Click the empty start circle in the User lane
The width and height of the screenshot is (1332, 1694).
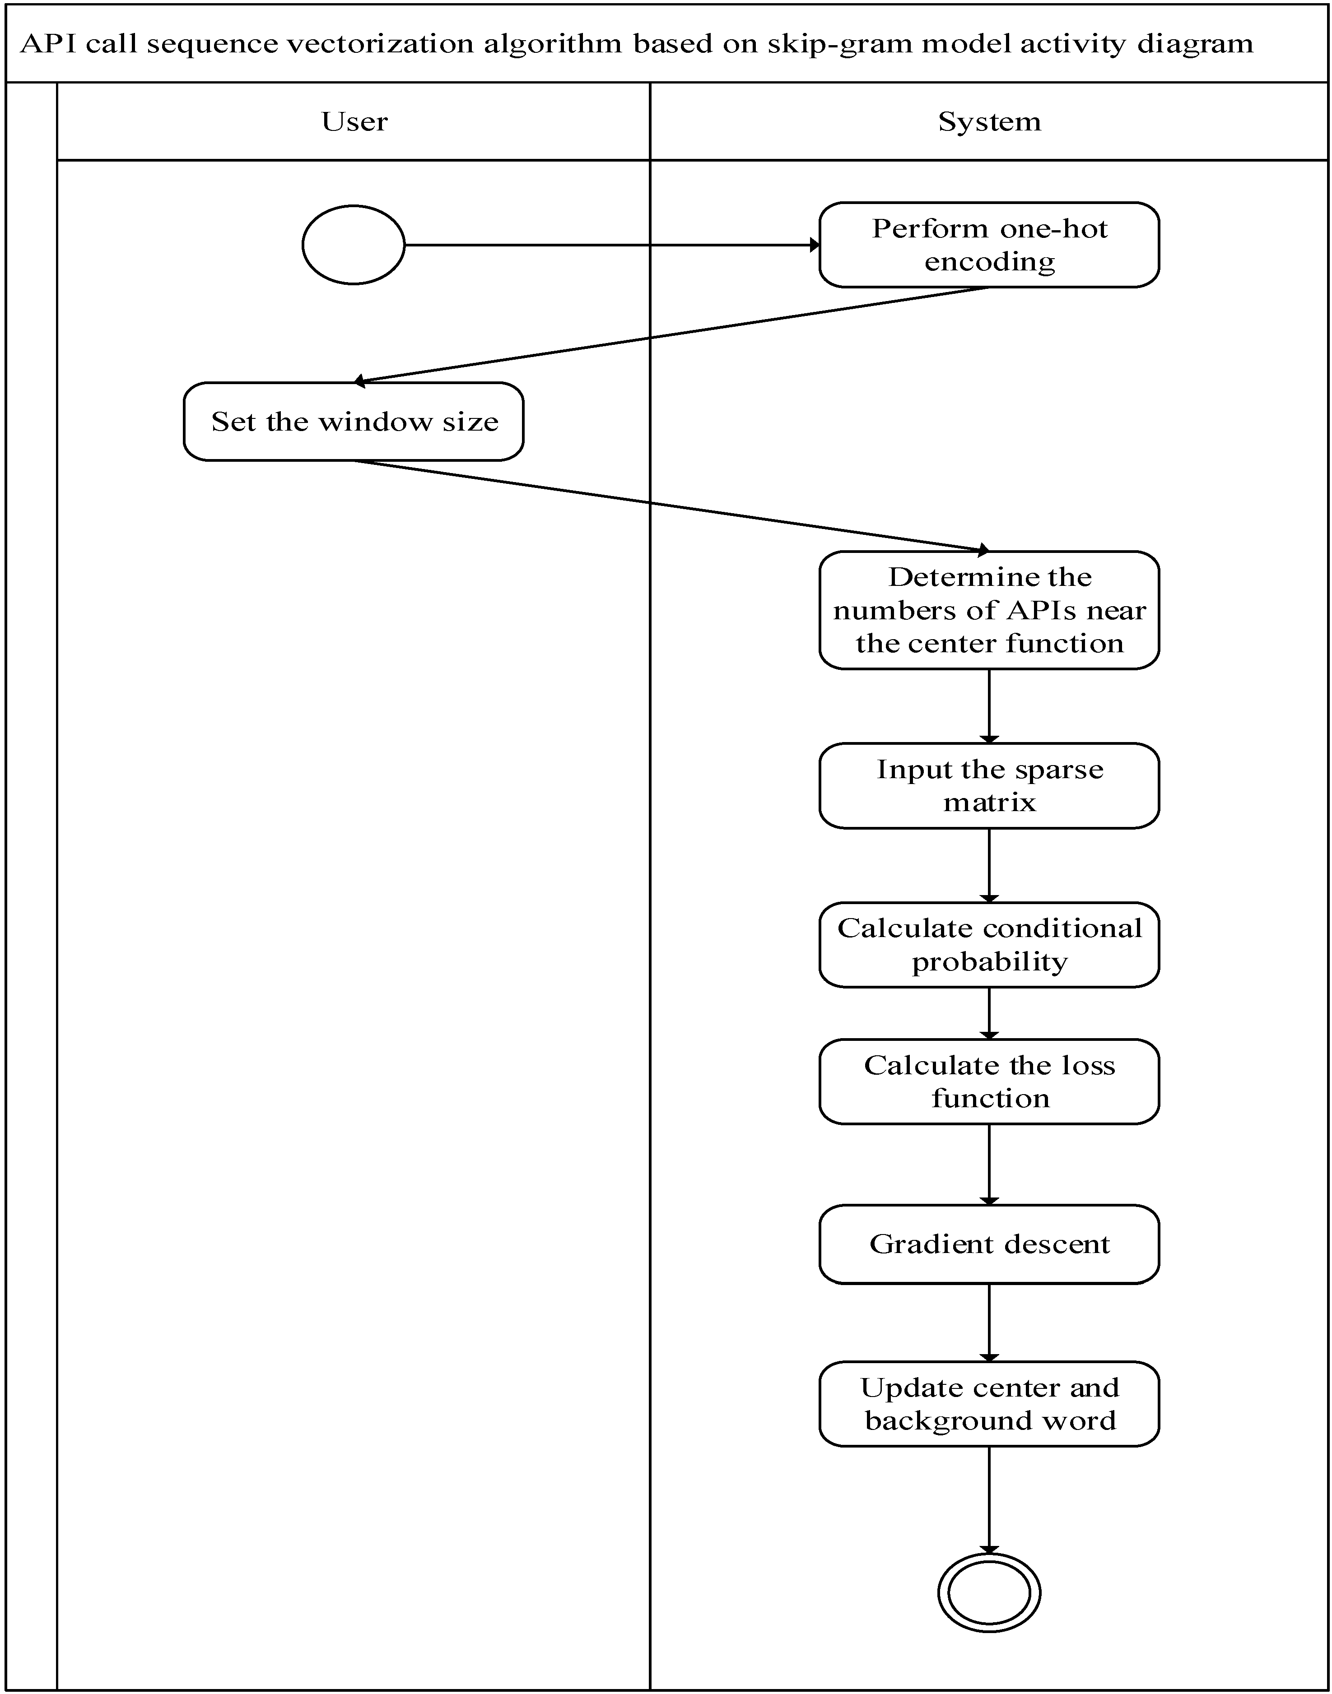pyautogui.click(x=353, y=245)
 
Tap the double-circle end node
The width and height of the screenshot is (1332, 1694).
pyautogui.click(x=989, y=1592)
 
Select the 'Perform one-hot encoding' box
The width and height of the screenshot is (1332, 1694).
pyautogui.click(x=989, y=245)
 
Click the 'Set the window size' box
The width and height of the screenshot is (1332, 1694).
pyautogui.click(x=353, y=422)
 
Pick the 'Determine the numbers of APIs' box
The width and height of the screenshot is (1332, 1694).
pyautogui.click(x=989, y=610)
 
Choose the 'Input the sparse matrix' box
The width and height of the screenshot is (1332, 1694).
pyautogui.click(x=989, y=786)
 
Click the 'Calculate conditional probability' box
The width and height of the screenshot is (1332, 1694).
pyautogui.click(x=989, y=945)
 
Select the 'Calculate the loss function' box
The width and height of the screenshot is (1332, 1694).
pyautogui.click(x=989, y=1081)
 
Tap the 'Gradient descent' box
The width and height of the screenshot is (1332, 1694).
pyautogui.click(x=989, y=1244)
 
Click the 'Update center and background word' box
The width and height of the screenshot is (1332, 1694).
pyautogui.click(x=989, y=1404)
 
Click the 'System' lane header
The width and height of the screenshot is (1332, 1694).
pyautogui.click(x=989, y=121)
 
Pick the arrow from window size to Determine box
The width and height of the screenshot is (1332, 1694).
pyautogui.click(x=671, y=506)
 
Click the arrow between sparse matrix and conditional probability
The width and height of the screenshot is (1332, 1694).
pyautogui.click(x=989, y=865)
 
